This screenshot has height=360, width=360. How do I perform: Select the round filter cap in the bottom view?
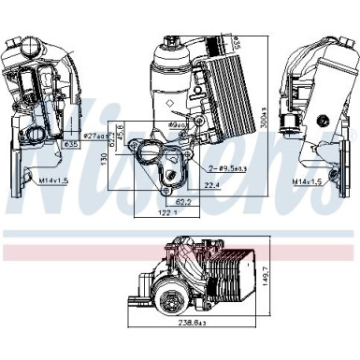click(174, 302)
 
